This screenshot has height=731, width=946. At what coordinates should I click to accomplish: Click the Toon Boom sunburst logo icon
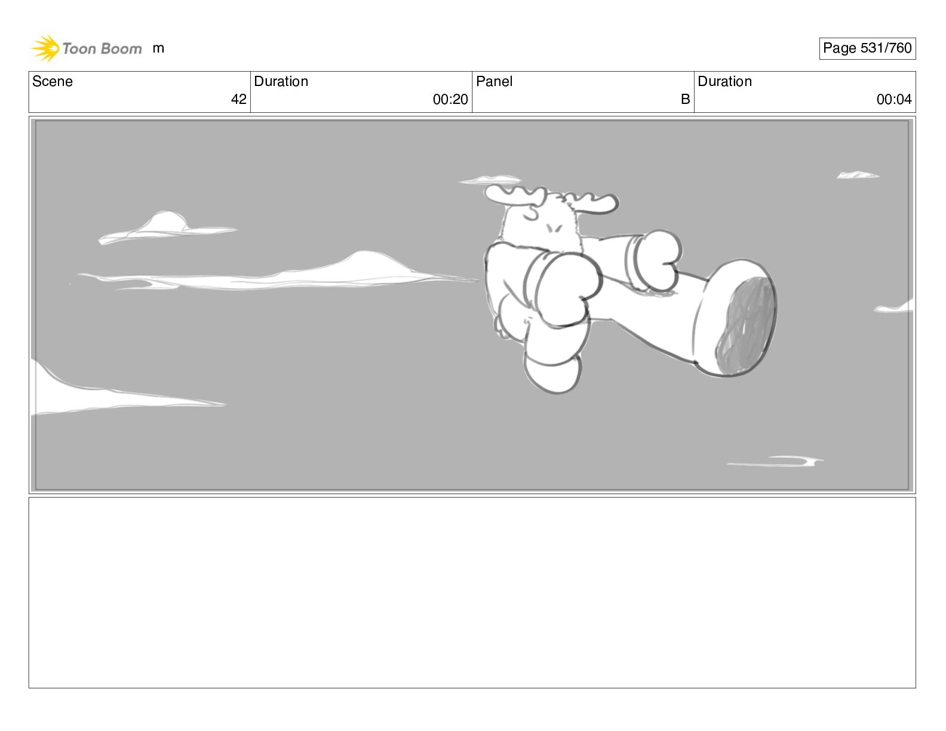tap(45, 48)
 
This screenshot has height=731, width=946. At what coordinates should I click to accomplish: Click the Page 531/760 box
tap(867, 48)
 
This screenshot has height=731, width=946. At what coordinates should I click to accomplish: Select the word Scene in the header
tap(52, 81)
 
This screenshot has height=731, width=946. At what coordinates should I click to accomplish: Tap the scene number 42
tap(238, 99)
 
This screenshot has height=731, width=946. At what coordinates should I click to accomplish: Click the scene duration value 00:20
tap(450, 99)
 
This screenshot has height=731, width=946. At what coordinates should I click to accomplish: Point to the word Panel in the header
tap(494, 81)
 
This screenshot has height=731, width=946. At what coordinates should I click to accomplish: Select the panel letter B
tap(685, 99)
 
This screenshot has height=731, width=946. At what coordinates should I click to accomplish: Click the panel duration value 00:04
tap(894, 99)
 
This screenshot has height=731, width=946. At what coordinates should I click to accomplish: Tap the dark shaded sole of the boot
tap(745, 326)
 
